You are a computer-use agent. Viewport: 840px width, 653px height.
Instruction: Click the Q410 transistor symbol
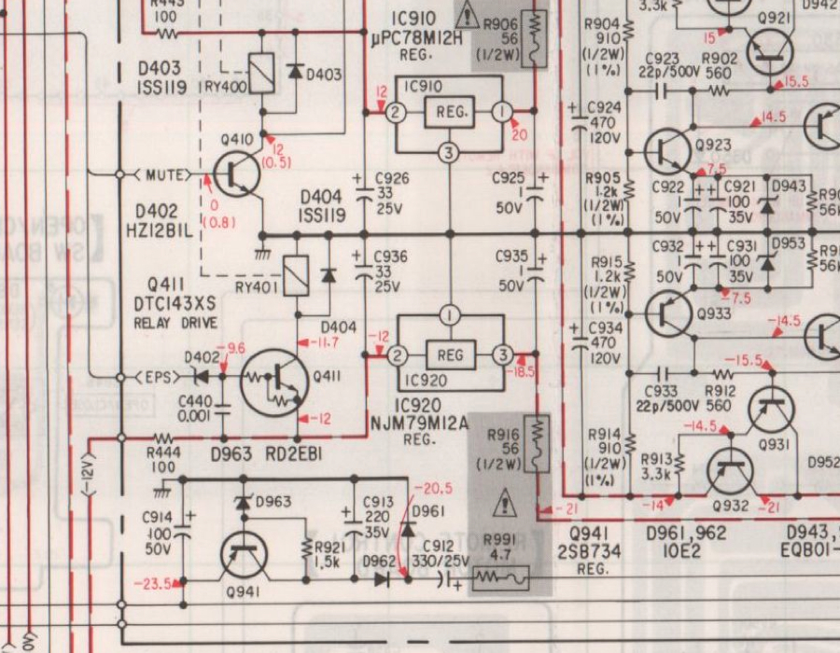tap(236, 174)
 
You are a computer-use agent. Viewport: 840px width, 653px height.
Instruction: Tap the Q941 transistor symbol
tap(247, 557)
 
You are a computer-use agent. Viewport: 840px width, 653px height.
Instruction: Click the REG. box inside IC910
tap(450, 113)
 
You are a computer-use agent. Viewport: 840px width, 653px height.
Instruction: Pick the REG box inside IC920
tap(450, 354)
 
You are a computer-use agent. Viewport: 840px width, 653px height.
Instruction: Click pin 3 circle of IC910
tap(450, 153)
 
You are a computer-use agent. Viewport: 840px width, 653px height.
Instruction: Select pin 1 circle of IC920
tap(450, 315)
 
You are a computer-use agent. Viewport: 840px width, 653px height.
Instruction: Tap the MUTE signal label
tap(163, 174)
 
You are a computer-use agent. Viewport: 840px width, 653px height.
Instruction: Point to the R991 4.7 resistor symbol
tap(501, 578)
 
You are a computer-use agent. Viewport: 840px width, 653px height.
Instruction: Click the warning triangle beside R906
tap(467, 15)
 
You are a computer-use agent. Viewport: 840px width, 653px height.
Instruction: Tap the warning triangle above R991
tap(505, 505)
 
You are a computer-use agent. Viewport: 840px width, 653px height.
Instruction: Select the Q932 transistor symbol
tap(731, 471)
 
